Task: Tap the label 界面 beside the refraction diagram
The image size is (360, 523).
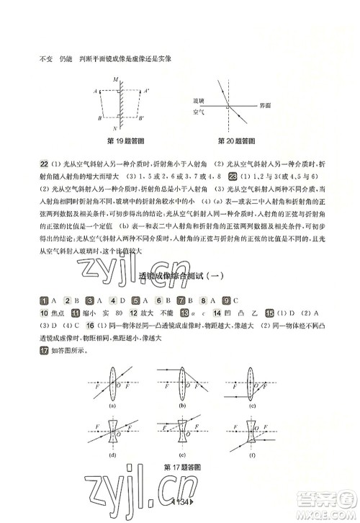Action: (x=266, y=104)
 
